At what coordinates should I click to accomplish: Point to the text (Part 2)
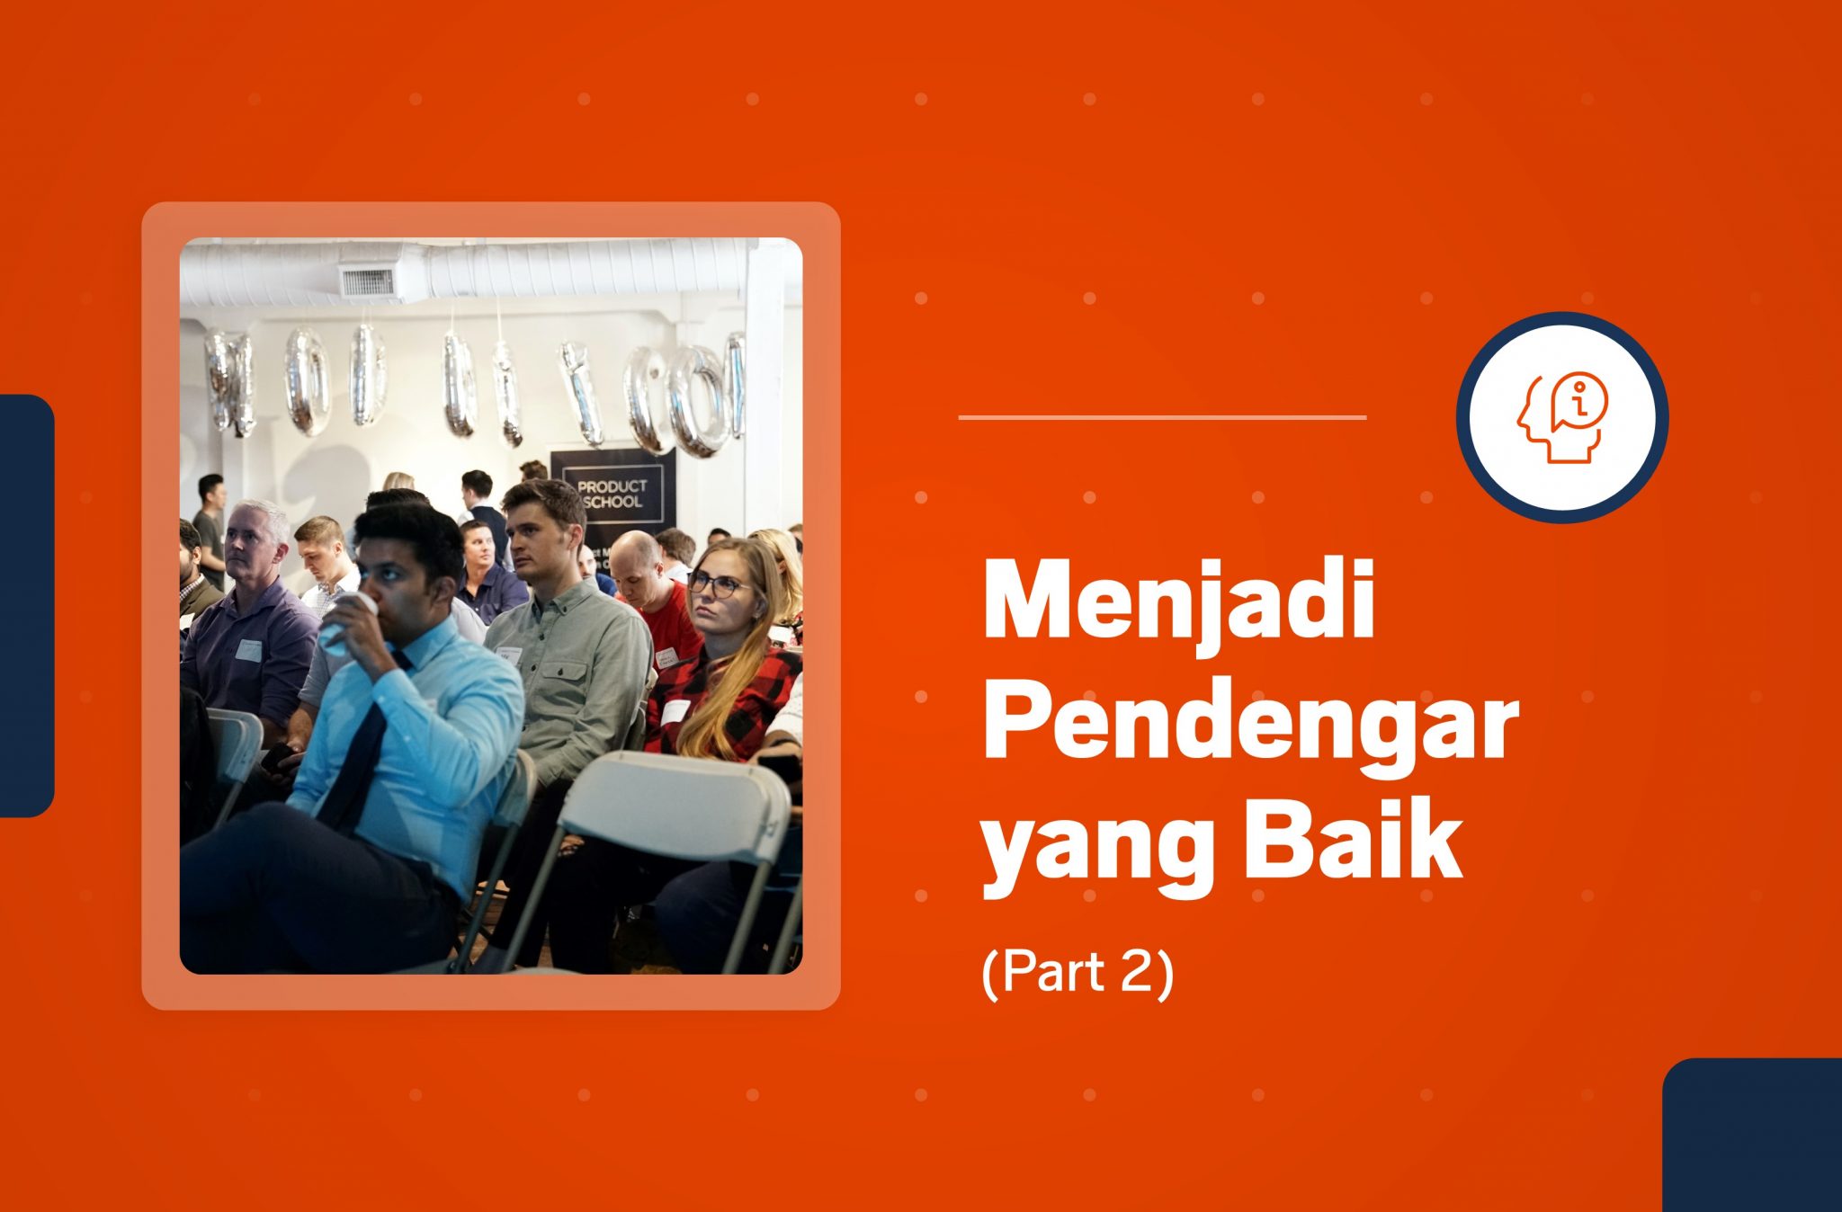point(1077,973)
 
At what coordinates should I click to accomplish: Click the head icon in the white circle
point(1562,417)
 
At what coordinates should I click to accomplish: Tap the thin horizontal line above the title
point(1162,417)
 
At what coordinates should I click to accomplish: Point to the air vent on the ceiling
point(366,281)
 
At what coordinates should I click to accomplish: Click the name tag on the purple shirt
point(248,649)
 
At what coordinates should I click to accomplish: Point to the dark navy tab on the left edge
point(27,605)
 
